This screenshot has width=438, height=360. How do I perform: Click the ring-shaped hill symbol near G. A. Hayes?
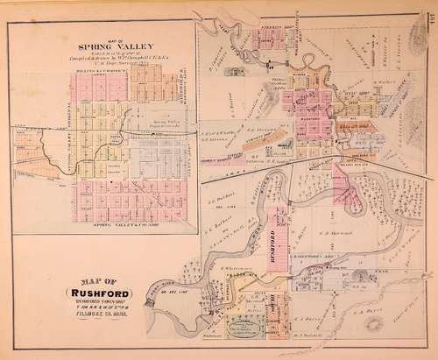tap(375, 323)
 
